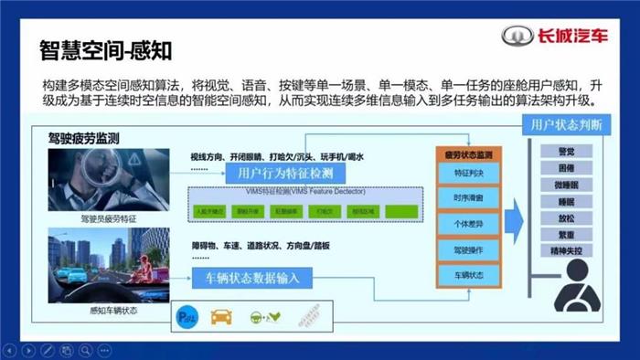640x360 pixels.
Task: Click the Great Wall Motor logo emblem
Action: [516, 37]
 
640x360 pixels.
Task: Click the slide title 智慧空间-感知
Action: [106, 44]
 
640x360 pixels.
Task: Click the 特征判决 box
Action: [468, 172]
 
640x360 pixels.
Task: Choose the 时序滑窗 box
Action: [468, 197]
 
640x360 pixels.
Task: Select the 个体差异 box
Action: [468, 223]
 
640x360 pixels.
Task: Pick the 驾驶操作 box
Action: [468, 249]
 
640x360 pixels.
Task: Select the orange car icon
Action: [222, 319]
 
